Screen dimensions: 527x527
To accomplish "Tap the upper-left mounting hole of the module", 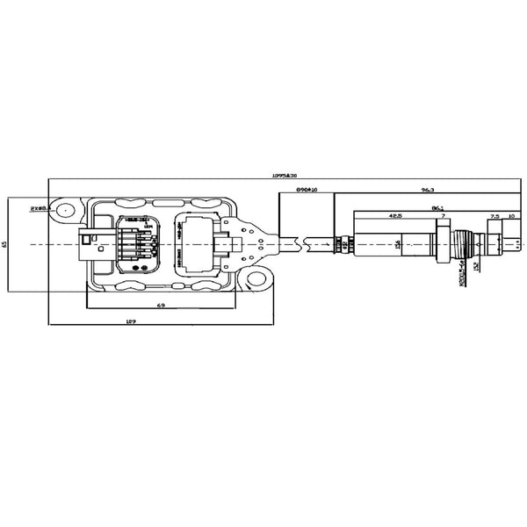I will click(64, 210).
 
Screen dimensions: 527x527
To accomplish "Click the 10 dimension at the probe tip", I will click(512, 216).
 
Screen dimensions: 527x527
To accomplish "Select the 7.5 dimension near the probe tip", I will click(494, 216).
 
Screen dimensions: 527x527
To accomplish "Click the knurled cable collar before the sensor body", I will click(344, 242).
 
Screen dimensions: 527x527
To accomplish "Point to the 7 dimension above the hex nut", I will click(444, 216).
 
